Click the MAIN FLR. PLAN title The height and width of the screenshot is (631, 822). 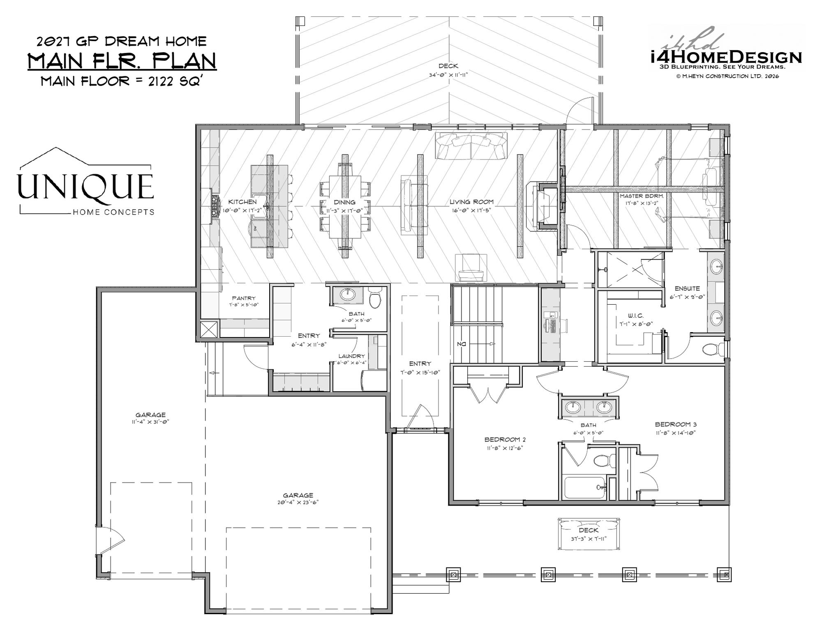point(122,61)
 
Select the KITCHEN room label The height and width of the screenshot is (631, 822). point(242,202)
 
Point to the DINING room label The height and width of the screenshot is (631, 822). point(344,202)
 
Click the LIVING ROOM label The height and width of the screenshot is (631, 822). point(471,202)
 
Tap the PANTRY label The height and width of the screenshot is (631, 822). point(244,298)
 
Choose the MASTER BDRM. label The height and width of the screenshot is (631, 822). point(642,196)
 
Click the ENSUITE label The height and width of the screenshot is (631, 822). point(687,289)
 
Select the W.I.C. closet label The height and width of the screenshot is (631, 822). point(635,316)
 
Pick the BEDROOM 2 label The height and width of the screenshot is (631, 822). point(505,439)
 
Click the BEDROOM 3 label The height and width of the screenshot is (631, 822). point(676,424)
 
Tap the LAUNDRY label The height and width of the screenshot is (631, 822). point(351,356)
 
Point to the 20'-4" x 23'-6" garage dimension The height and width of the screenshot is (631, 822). point(298,502)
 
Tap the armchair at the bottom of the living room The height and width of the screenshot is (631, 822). point(471,268)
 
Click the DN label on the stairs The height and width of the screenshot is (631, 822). point(462,344)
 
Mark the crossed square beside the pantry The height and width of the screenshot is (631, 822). point(208,330)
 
